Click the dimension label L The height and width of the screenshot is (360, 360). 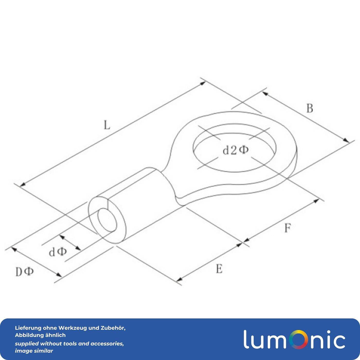point(107,125)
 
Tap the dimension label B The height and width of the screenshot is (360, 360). point(310,108)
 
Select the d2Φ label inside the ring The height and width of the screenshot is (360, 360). point(235,150)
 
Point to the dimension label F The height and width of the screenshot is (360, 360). point(287,228)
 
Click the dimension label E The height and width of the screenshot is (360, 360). point(219,269)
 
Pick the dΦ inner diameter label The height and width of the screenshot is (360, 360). point(58,252)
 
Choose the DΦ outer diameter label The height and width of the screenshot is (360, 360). point(25,272)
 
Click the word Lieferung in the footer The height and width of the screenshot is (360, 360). point(28,328)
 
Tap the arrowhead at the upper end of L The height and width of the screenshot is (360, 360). point(203,83)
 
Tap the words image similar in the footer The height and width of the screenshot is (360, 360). point(34,351)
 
